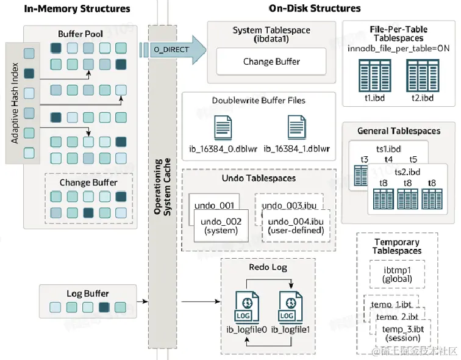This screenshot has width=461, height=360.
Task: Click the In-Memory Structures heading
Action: [77, 9]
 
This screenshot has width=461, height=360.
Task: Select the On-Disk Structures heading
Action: [315, 9]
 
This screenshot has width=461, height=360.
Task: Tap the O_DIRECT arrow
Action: [173, 49]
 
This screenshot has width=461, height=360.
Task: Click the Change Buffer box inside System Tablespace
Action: [271, 62]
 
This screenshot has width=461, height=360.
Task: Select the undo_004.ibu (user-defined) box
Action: [295, 226]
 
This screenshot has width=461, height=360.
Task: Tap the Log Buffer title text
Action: [88, 293]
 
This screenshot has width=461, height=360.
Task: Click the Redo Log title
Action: [268, 267]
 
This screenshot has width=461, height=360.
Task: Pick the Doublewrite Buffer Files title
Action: [259, 101]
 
